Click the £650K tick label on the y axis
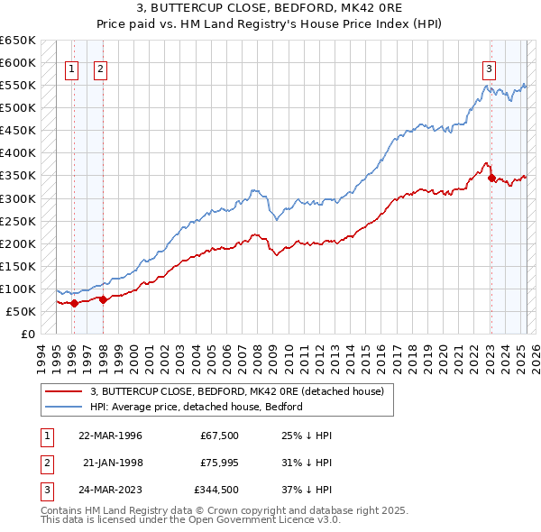[x=17, y=41]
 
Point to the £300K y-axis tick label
[x=17, y=198]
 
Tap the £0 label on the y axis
[x=28, y=334]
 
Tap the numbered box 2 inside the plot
[x=100, y=69]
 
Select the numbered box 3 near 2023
[x=489, y=69]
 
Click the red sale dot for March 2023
[x=491, y=178]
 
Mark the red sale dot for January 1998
[x=104, y=299]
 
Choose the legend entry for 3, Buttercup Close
[x=236, y=391]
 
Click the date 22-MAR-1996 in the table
[x=111, y=435]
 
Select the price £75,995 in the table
[x=214, y=463]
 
